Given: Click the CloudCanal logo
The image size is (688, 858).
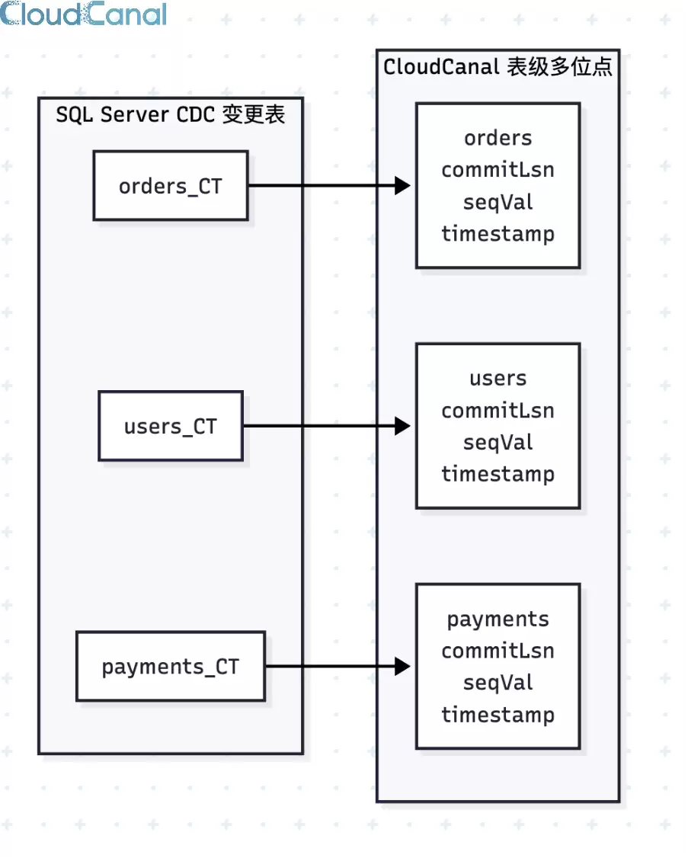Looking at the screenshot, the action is [x=83, y=14].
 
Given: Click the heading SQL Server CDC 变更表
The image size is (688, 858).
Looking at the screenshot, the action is [x=170, y=114].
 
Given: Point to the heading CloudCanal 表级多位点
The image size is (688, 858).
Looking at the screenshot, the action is [x=498, y=67].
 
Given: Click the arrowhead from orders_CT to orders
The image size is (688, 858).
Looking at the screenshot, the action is [x=402, y=185].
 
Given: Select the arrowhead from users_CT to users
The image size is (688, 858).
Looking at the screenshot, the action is [x=402, y=426].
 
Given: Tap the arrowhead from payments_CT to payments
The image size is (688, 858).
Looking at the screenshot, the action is [x=402, y=666].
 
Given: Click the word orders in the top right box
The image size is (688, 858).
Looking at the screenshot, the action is [x=498, y=138].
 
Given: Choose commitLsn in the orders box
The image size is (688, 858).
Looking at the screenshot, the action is [x=498, y=170].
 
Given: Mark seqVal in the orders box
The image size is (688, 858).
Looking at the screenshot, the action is [x=498, y=202].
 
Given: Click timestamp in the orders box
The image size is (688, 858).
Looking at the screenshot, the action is [x=498, y=234].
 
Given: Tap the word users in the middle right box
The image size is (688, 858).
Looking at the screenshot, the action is [x=498, y=378].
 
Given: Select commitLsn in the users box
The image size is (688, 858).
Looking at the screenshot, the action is [x=498, y=411].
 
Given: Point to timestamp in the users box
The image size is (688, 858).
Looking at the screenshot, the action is [x=498, y=474].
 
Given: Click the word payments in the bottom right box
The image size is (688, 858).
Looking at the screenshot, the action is [x=498, y=619].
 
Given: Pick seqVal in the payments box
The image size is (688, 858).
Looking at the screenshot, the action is [x=498, y=682].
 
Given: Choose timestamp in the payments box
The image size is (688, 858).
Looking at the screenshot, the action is [x=498, y=714].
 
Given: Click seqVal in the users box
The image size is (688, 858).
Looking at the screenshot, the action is [x=498, y=442].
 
